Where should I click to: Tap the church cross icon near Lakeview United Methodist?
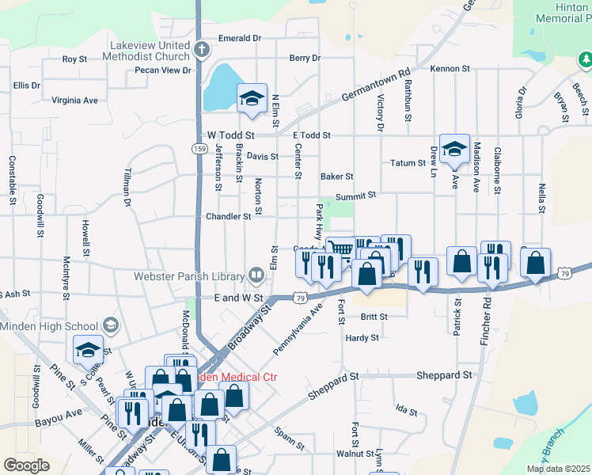tap(202, 50)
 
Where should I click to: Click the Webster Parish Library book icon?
tap(256, 275)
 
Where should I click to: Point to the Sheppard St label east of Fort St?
tap(445, 375)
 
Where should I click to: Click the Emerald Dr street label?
tap(240, 38)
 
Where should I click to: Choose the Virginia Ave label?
tap(74, 101)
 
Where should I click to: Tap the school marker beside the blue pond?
tap(252, 99)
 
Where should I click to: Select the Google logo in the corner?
tap(26, 465)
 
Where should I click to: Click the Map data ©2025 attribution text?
tap(557, 469)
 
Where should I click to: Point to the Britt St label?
tap(374, 316)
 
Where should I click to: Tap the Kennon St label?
tap(450, 69)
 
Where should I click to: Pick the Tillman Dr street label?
tap(127, 190)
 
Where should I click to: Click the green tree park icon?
tap(585, 59)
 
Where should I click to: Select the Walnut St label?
tap(355, 454)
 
